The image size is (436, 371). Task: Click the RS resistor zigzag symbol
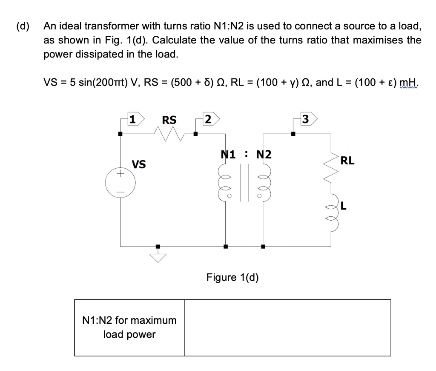pyautogui.click(x=169, y=136)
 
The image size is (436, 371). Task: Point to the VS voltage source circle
pyautogui.click(x=120, y=183)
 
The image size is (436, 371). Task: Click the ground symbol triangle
pyautogui.click(x=158, y=257)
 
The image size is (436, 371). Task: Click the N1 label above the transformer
pyautogui.click(x=229, y=154)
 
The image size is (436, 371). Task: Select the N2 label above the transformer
pyautogui.click(x=264, y=154)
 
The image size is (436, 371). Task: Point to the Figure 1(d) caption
pyautogui.click(x=232, y=277)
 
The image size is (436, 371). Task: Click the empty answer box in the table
pyautogui.click(x=287, y=328)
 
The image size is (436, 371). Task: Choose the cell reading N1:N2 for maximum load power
pyautogui.click(x=129, y=327)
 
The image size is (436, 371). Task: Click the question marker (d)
pyautogui.click(x=23, y=26)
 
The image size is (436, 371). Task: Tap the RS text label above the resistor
pyautogui.click(x=169, y=120)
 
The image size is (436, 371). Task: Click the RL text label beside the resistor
pyautogui.click(x=347, y=161)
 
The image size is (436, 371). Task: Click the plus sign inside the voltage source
pyautogui.click(x=120, y=173)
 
